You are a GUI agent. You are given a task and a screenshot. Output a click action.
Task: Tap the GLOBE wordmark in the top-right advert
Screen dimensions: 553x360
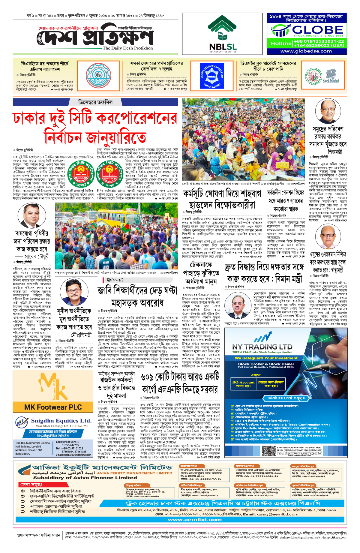point(317,30)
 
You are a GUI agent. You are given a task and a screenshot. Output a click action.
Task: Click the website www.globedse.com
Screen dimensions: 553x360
point(306,51)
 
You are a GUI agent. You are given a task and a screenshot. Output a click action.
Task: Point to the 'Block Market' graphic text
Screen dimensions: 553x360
point(331,81)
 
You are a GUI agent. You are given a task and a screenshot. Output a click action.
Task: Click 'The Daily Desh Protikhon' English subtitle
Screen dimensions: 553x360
point(127,48)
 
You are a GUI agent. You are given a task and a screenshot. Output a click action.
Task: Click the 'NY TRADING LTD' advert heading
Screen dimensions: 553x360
point(262,347)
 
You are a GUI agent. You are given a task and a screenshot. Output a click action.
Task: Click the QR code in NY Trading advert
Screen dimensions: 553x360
point(268,451)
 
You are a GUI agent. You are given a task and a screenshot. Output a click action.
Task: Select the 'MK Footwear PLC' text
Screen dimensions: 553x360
point(53,407)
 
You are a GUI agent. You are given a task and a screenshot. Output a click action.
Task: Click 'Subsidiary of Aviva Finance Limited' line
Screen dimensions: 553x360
point(85,478)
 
